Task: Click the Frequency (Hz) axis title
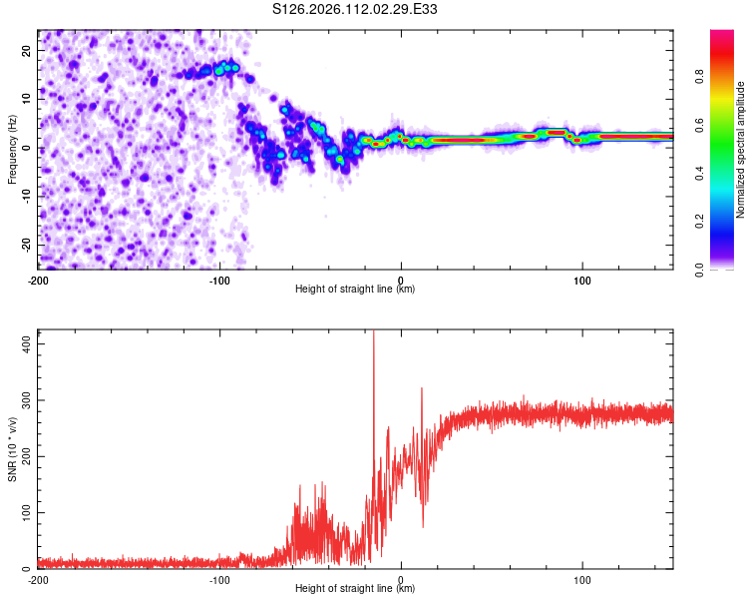(12, 149)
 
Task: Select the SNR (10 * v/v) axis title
(12, 449)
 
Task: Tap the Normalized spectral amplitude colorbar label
(740, 150)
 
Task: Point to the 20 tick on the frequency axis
(26, 50)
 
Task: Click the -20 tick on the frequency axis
(24, 245)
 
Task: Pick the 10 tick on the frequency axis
(26, 99)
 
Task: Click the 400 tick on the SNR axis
(24, 341)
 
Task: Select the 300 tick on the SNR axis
(24, 398)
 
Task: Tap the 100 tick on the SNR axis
(24, 512)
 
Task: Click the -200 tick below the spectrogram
(38, 280)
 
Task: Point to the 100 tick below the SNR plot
(582, 579)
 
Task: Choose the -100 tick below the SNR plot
(218, 579)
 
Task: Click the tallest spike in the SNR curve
(374, 335)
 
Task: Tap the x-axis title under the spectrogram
(355, 289)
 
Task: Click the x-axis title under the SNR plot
(355, 588)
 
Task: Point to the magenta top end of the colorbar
(721, 35)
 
